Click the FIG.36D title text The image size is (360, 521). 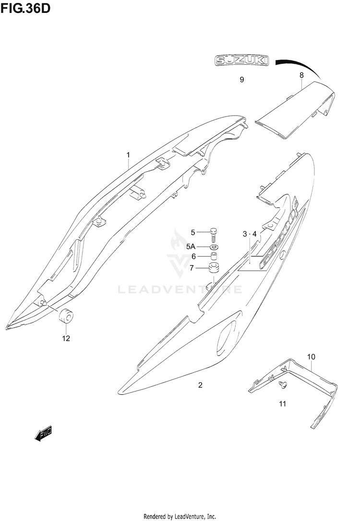click(x=25, y=8)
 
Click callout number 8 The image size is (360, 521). click(x=301, y=75)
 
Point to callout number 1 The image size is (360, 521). click(x=128, y=154)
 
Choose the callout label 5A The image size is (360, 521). click(x=192, y=246)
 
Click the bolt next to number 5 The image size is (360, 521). click(x=214, y=234)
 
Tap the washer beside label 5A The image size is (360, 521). click(x=214, y=247)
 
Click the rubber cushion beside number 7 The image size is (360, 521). click(x=213, y=268)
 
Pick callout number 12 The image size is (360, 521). click(x=66, y=338)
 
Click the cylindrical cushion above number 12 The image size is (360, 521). click(x=65, y=317)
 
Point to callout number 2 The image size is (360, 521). click(x=200, y=385)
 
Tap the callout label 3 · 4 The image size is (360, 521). click(x=250, y=234)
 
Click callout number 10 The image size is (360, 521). click(x=311, y=357)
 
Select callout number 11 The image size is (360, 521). click(x=282, y=403)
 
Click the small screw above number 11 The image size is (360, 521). click(x=284, y=384)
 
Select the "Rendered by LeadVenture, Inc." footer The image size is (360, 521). click(x=180, y=516)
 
